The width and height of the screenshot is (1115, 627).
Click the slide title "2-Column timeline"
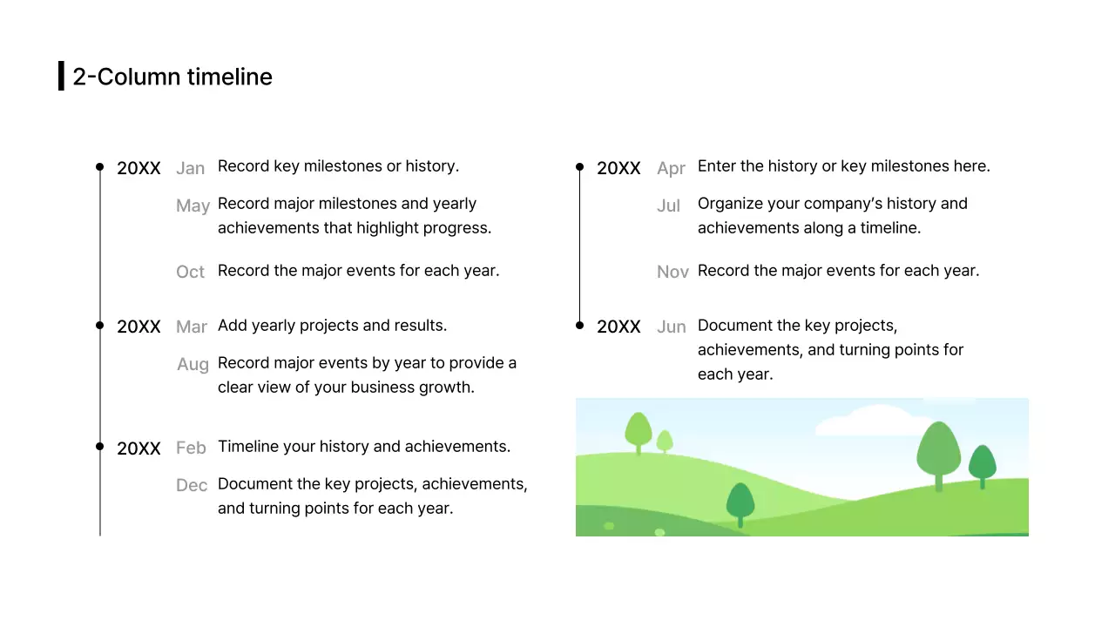pyautogui.click(x=172, y=77)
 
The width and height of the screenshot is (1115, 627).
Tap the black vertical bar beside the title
pyautogui.click(x=61, y=76)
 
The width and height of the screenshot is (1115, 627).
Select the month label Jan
pyautogui.click(x=191, y=168)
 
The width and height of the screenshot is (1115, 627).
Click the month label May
pyautogui.click(x=193, y=206)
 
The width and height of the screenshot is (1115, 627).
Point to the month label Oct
pyautogui.click(x=190, y=272)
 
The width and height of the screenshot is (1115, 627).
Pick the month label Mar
pyautogui.click(x=192, y=327)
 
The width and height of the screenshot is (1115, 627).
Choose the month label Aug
pyautogui.click(x=193, y=364)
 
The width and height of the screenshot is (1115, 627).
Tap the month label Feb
pyautogui.click(x=191, y=448)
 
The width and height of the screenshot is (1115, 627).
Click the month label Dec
pyautogui.click(x=192, y=485)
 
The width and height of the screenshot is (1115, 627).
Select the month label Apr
pyautogui.click(x=671, y=168)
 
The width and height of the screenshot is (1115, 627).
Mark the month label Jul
pyautogui.click(x=668, y=206)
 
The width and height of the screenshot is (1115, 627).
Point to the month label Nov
pyautogui.click(x=672, y=272)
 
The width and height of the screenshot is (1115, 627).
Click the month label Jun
pyautogui.click(x=671, y=327)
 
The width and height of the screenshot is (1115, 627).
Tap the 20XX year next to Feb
pyautogui.click(x=139, y=448)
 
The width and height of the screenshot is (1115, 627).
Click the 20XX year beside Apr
pyautogui.click(x=618, y=168)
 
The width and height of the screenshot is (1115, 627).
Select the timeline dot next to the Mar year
pyautogui.click(x=100, y=325)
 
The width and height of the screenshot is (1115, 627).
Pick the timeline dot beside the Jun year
pyautogui.click(x=580, y=325)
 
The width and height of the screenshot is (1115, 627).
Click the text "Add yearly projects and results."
pyautogui.click(x=332, y=325)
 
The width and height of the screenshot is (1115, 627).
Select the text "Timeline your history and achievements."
pyautogui.click(x=364, y=446)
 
